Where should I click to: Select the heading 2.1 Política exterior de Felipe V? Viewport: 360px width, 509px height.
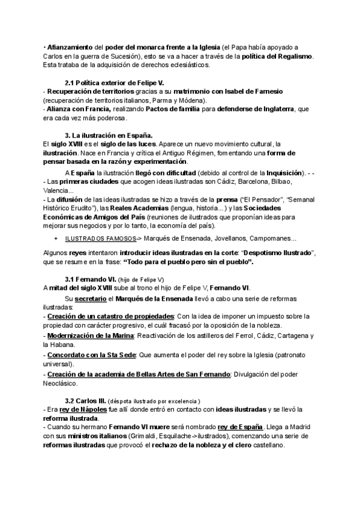pos(114,82)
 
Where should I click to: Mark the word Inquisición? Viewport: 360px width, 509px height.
pos(278,173)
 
